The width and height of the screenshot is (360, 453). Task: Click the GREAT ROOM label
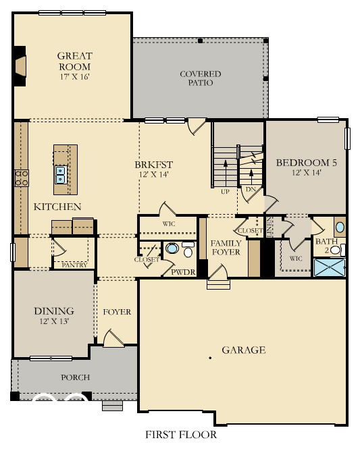[74, 61]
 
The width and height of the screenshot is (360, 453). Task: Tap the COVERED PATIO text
[200, 78]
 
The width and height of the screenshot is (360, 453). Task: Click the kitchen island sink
[61, 175]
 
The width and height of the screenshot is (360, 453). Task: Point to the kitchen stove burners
[20, 178]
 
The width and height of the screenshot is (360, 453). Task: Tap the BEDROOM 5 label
[307, 163]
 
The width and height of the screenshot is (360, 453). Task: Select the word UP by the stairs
[225, 192]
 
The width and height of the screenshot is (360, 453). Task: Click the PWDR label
[182, 272]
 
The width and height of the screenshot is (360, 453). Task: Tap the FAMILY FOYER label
[227, 248]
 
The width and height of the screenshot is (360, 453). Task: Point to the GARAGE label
[244, 350]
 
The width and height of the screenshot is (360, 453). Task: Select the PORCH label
[75, 377]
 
